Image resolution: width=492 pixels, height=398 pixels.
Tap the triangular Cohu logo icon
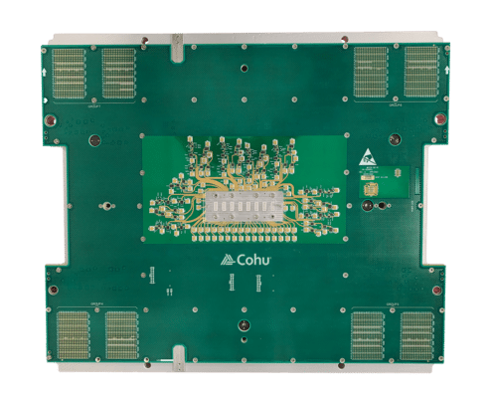[x=227, y=261]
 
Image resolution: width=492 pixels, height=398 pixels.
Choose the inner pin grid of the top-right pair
[x=371, y=72]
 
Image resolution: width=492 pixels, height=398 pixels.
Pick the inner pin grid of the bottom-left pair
[x=120, y=334]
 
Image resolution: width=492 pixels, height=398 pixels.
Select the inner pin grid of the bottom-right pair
[x=371, y=334]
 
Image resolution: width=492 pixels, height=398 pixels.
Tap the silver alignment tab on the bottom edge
[x=177, y=358]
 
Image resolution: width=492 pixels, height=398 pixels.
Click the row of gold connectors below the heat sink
[x=245, y=237]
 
